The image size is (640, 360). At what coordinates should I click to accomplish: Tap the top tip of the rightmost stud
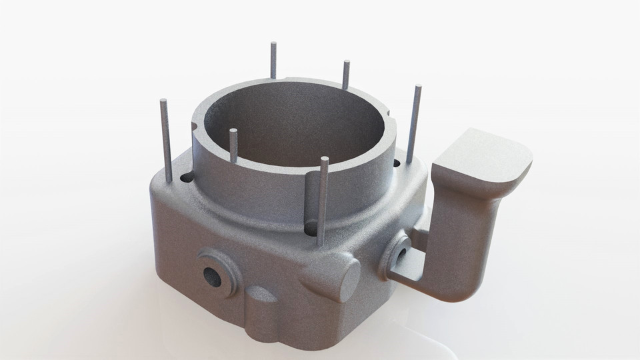click(418, 87)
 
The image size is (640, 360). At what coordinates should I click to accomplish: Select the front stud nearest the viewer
click(323, 200)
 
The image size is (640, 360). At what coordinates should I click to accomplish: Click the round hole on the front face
click(213, 276)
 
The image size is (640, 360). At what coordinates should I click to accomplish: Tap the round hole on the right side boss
click(401, 254)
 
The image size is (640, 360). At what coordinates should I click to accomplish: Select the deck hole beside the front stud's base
click(311, 229)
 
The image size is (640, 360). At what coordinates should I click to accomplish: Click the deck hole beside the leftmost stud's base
click(186, 177)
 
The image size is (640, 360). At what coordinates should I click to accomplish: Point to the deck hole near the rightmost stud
click(397, 163)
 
